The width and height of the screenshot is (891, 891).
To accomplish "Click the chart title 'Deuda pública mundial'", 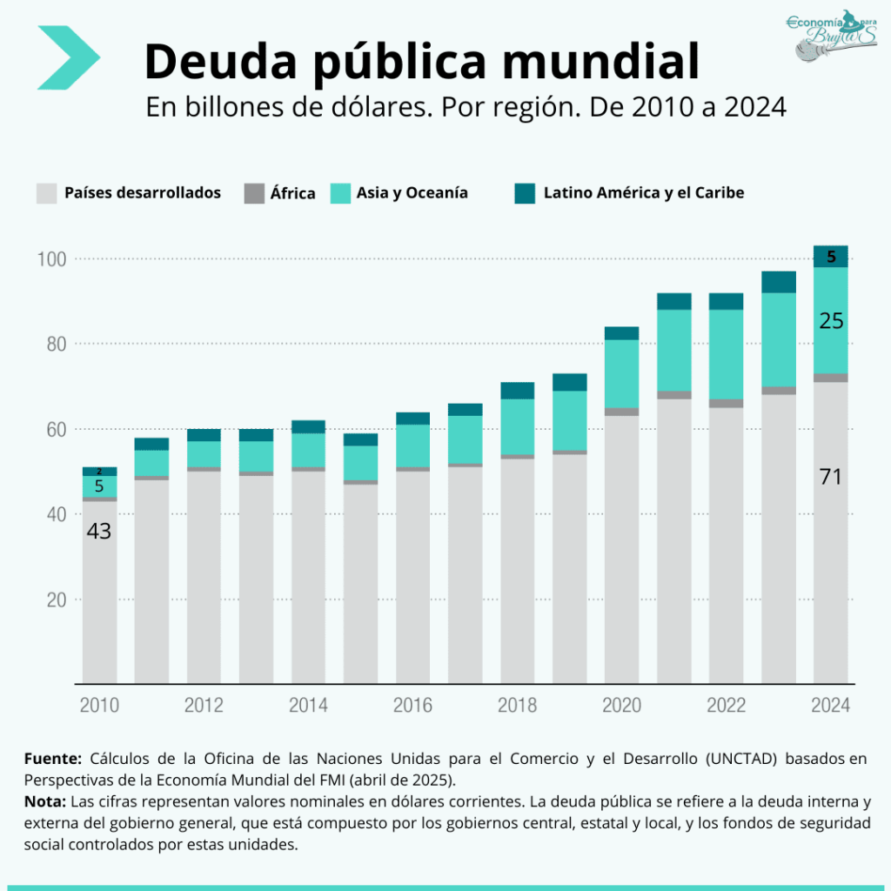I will click(x=421, y=61).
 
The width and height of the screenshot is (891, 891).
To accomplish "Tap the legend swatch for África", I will click(x=254, y=193).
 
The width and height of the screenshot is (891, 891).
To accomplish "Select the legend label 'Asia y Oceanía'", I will click(x=412, y=193).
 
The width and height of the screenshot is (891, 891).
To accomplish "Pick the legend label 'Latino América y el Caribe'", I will click(x=643, y=193).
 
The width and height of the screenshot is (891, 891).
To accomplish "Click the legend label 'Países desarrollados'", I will click(x=142, y=193).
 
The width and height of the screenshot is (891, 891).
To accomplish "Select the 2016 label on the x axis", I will click(x=412, y=705).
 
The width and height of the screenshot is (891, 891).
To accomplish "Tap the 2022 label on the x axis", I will click(x=726, y=705).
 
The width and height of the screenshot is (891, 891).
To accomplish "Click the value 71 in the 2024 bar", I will click(x=831, y=477).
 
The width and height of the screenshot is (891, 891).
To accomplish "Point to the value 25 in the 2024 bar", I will click(x=831, y=321).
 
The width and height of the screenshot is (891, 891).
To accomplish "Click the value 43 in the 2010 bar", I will click(x=99, y=531).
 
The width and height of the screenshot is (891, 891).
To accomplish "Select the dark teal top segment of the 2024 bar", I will click(x=831, y=256).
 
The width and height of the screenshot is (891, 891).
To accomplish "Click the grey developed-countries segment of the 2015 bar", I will click(x=360, y=583).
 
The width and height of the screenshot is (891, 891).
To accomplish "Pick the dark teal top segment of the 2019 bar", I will click(x=569, y=382).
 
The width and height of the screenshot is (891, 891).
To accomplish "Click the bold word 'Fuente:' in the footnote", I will click(x=53, y=759).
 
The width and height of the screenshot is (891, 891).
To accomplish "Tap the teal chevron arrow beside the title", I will click(x=69, y=57).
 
